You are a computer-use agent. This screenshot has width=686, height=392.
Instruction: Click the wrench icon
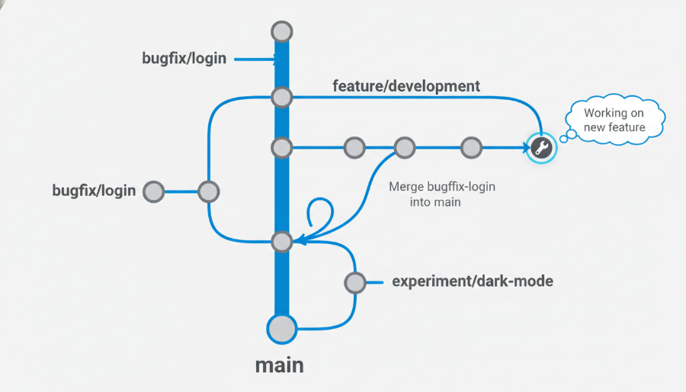click(x=541, y=148)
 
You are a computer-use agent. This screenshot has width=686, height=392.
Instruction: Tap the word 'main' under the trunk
click(x=280, y=365)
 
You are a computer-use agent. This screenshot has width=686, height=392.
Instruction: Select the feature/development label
click(x=406, y=86)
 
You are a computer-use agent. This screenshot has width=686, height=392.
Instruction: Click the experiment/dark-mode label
click(x=473, y=281)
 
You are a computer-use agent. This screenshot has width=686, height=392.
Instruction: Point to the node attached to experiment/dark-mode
click(x=354, y=283)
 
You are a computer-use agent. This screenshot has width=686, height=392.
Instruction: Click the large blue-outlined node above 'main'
click(x=282, y=329)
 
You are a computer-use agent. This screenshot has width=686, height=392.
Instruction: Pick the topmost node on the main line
click(x=282, y=32)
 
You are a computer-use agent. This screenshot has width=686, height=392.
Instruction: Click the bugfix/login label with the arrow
click(x=184, y=58)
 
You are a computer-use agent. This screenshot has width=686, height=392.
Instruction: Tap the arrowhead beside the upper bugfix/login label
click(x=277, y=59)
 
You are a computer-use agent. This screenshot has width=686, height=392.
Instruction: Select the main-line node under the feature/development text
click(x=282, y=97)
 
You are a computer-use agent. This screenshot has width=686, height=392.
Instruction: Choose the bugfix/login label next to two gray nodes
click(x=94, y=191)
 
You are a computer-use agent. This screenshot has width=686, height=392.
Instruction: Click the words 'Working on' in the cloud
click(x=614, y=113)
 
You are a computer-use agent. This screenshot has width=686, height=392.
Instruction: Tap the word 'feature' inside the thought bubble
click(x=627, y=127)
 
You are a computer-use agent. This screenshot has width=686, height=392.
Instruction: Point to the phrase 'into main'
click(x=435, y=202)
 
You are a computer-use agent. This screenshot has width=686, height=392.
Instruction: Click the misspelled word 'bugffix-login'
click(x=461, y=187)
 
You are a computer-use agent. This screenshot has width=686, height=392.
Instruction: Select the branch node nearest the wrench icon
click(x=471, y=148)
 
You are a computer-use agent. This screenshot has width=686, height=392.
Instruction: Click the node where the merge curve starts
click(x=405, y=148)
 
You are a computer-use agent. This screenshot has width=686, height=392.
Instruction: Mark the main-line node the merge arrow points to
click(x=282, y=242)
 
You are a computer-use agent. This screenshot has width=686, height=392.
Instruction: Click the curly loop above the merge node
click(x=321, y=201)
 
